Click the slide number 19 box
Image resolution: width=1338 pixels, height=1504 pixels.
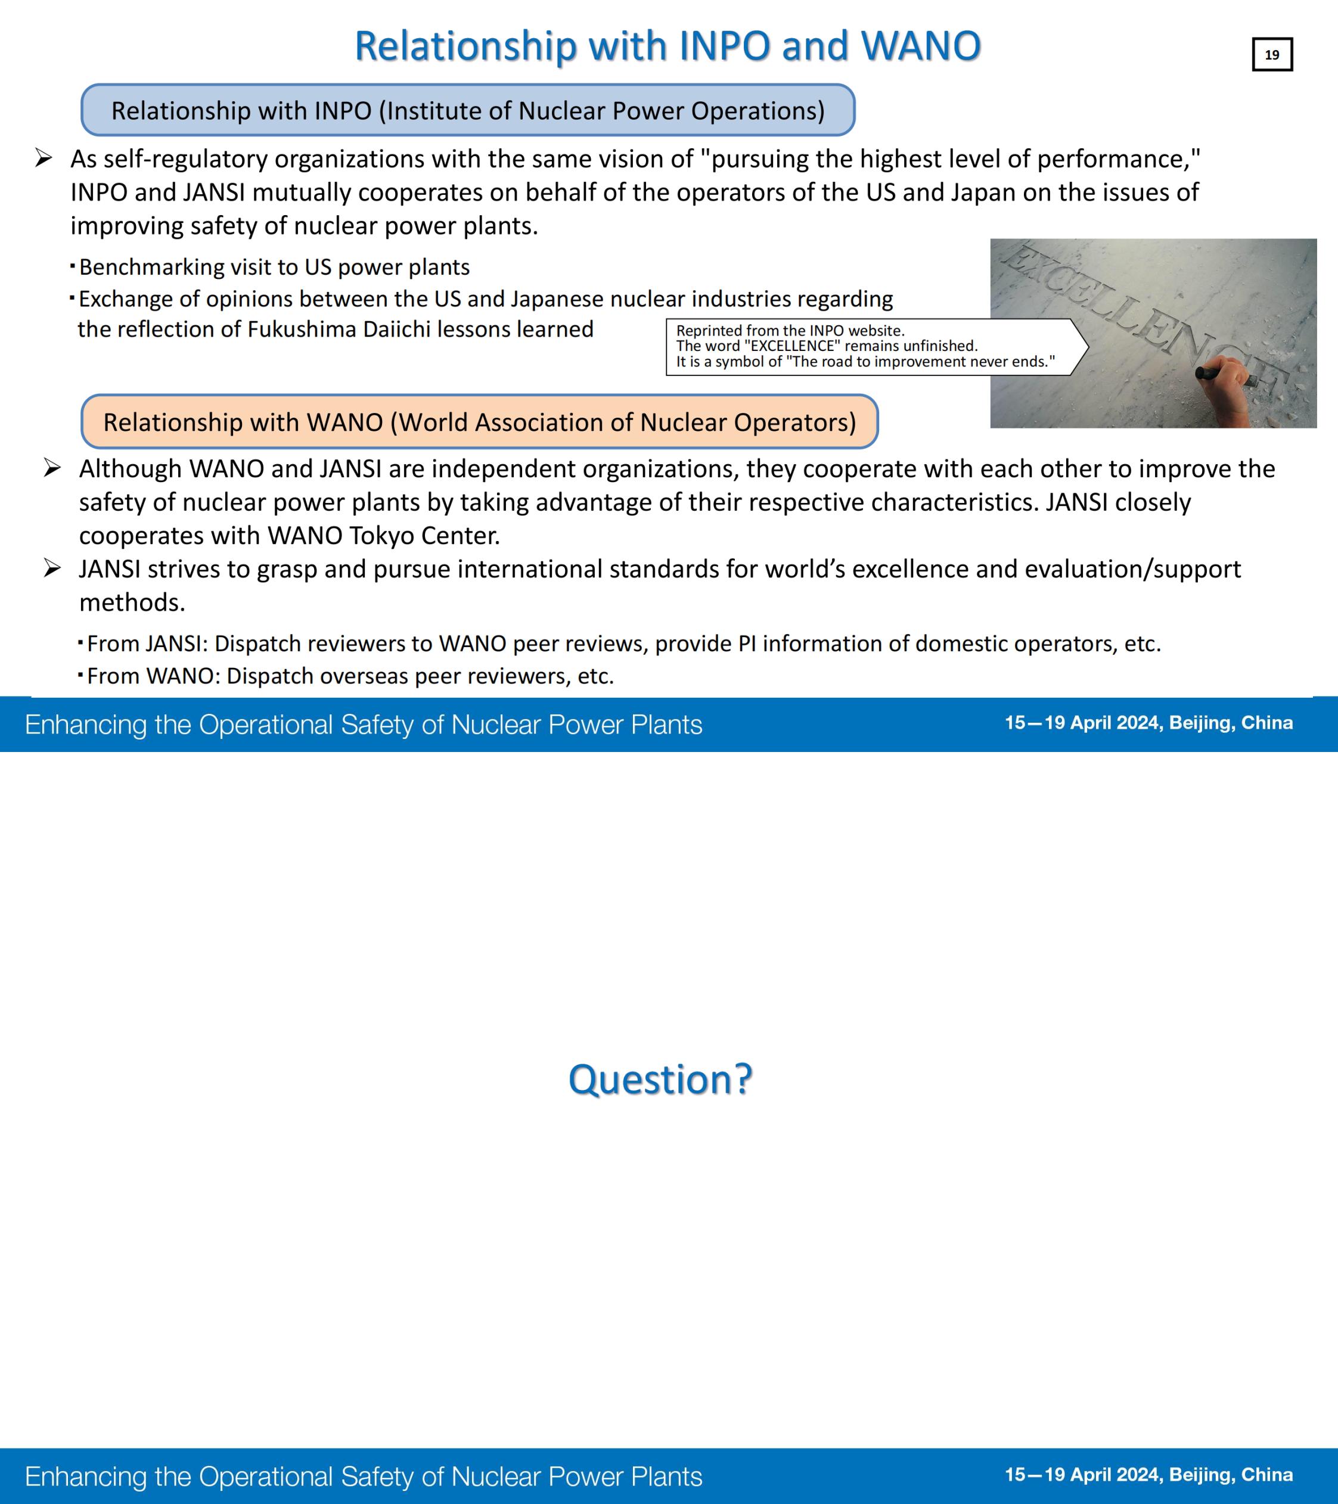(1272, 54)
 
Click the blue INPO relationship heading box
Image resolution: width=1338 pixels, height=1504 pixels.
(467, 110)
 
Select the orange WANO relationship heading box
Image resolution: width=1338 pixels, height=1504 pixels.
(479, 422)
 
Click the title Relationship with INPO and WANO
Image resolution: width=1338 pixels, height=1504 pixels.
(667, 46)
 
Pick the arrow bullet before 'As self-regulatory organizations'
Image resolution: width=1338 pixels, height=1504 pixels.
(44, 158)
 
